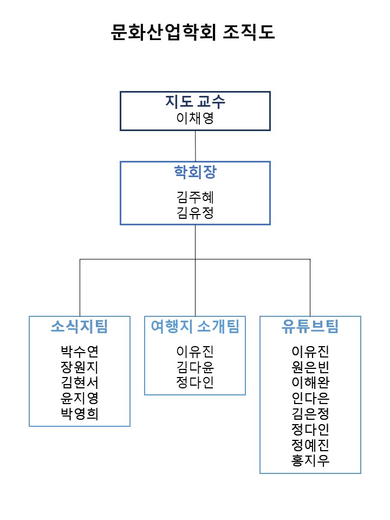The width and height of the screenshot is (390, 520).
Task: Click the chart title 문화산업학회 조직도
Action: (x=193, y=32)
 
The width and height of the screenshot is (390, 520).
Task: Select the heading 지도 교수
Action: (x=195, y=101)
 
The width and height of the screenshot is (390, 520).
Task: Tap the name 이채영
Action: (x=195, y=118)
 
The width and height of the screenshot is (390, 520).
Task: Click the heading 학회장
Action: (x=195, y=172)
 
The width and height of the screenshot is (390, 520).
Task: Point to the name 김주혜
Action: (x=195, y=197)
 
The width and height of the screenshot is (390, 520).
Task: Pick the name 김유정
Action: (x=195, y=212)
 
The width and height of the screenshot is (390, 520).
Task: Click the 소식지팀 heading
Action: (x=80, y=326)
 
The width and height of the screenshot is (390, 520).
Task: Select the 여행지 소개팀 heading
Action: (x=195, y=326)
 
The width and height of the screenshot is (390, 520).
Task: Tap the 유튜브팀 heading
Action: (x=310, y=326)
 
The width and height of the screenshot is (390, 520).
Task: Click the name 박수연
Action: (x=80, y=351)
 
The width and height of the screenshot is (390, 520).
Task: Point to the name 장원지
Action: (x=80, y=367)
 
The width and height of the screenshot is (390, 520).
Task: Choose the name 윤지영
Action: (x=80, y=398)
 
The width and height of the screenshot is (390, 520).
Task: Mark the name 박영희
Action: (x=80, y=413)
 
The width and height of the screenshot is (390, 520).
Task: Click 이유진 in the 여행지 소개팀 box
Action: (x=195, y=351)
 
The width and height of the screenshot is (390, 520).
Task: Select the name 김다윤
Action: (x=195, y=367)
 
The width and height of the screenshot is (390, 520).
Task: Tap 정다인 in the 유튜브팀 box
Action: (x=310, y=429)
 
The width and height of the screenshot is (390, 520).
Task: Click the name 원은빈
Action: (x=310, y=367)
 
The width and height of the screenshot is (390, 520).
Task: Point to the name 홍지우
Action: (x=310, y=460)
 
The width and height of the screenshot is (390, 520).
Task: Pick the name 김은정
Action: (x=310, y=413)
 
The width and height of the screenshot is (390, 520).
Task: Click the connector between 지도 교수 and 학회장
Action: (x=196, y=146)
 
